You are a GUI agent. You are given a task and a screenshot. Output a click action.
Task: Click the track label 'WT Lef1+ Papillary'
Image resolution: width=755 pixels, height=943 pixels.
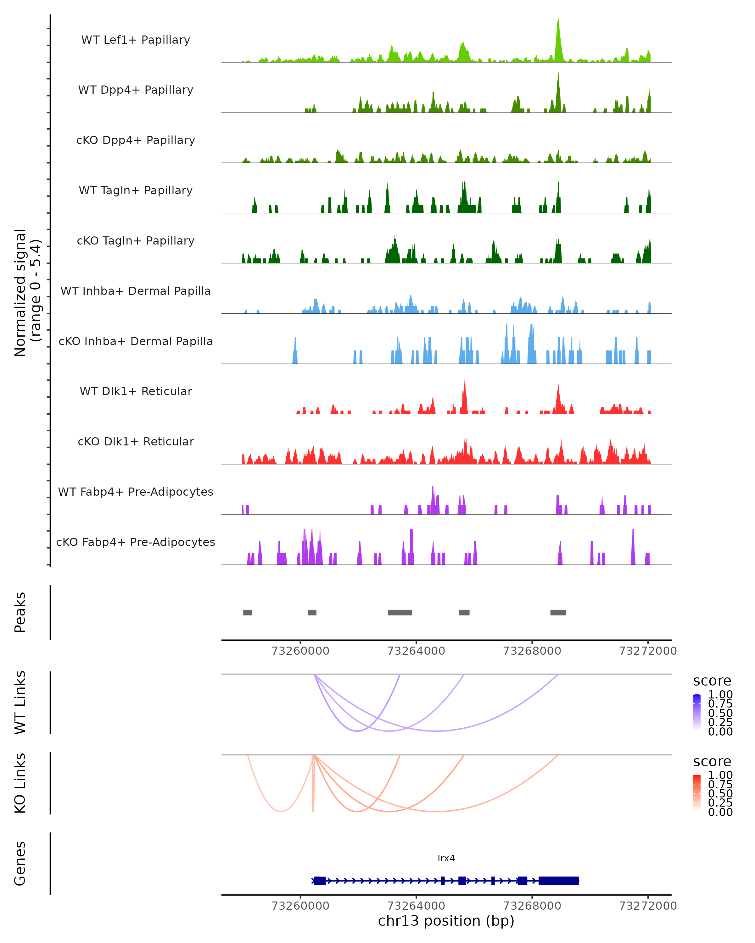pyautogui.click(x=136, y=40)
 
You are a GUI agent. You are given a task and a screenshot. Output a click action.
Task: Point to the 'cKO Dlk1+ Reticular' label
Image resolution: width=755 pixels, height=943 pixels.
pyautogui.click(x=136, y=441)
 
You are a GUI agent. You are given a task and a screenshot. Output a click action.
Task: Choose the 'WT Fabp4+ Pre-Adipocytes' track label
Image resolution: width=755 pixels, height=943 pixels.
pyautogui.click(x=136, y=492)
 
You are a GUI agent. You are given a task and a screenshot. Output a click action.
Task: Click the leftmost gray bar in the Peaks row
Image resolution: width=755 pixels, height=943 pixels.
pyautogui.click(x=247, y=612)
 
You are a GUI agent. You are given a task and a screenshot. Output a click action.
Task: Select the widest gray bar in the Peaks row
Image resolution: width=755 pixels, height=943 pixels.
pyautogui.click(x=400, y=612)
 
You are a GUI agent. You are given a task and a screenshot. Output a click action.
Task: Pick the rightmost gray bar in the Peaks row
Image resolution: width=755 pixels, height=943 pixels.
pyautogui.click(x=558, y=612)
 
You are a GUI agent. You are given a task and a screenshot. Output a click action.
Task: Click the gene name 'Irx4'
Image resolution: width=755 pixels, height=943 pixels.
pyautogui.click(x=446, y=858)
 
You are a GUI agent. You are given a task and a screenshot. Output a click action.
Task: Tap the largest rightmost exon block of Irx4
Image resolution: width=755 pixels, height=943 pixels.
pyautogui.click(x=558, y=880)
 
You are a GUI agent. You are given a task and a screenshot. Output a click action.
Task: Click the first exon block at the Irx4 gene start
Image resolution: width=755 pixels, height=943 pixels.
pyautogui.click(x=320, y=880)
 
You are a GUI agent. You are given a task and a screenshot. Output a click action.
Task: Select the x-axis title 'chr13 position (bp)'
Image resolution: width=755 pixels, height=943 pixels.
pyautogui.click(x=446, y=921)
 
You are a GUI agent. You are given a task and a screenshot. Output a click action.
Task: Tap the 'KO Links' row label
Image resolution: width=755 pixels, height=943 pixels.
pyautogui.click(x=20, y=783)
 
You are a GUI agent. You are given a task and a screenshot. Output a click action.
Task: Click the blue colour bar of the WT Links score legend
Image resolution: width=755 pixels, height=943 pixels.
pyautogui.click(x=697, y=713)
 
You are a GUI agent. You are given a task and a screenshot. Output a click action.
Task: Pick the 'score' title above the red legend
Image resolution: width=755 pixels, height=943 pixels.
pyautogui.click(x=712, y=762)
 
